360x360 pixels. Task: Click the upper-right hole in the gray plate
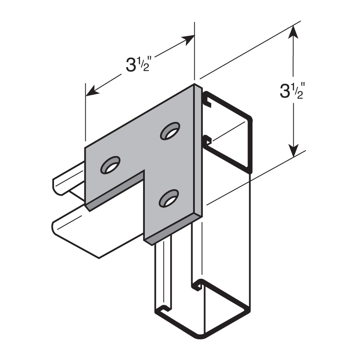(x=170, y=131)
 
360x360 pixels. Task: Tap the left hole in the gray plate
(x=110, y=165)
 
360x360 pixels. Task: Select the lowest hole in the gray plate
(x=169, y=198)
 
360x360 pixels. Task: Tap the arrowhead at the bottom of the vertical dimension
(x=294, y=151)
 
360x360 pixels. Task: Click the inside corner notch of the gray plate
(x=144, y=172)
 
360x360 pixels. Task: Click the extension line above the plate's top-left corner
(x=86, y=112)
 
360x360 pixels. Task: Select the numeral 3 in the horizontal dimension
(x=131, y=65)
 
